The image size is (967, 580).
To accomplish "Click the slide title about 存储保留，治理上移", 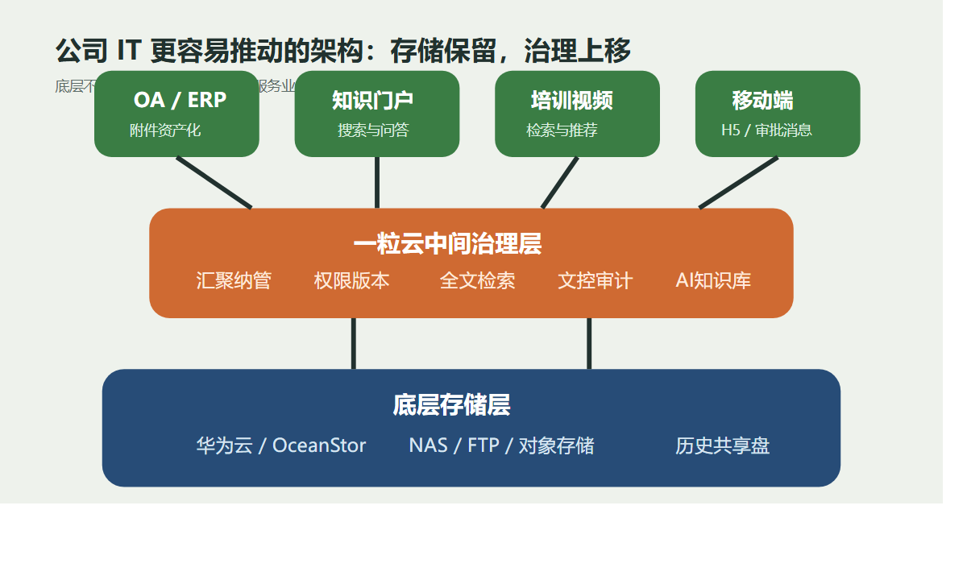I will [x=342, y=51].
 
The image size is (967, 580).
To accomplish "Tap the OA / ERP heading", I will [x=180, y=100].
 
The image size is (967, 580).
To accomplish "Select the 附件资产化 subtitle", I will [x=165, y=130].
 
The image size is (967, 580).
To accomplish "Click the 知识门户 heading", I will [x=372, y=100].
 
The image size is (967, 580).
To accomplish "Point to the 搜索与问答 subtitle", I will [x=373, y=130].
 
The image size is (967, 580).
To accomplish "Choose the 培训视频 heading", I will [x=572, y=100].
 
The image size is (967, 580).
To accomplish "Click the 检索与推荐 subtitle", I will [x=562, y=130].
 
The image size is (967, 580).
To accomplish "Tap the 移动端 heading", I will [x=762, y=100].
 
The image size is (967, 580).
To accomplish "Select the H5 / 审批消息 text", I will [x=766, y=130].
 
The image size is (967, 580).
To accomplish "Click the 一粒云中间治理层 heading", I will [x=447, y=244].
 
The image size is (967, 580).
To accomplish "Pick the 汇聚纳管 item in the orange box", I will [x=234, y=280].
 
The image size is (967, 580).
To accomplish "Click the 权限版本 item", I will [x=351, y=280].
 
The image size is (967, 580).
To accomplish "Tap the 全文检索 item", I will [x=477, y=280].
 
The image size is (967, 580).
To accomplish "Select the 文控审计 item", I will [x=595, y=280].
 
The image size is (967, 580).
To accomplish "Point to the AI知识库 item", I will [x=713, y=280].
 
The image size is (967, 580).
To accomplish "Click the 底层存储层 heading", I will [x=451, y=404].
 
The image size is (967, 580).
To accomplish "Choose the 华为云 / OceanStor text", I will [x=280, y=445].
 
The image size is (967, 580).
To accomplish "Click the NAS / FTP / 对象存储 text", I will [x=501, y=445].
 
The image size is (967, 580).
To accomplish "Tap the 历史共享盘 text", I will [x=722, y=445].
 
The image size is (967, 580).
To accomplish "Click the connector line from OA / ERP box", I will [x=214, y=183].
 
